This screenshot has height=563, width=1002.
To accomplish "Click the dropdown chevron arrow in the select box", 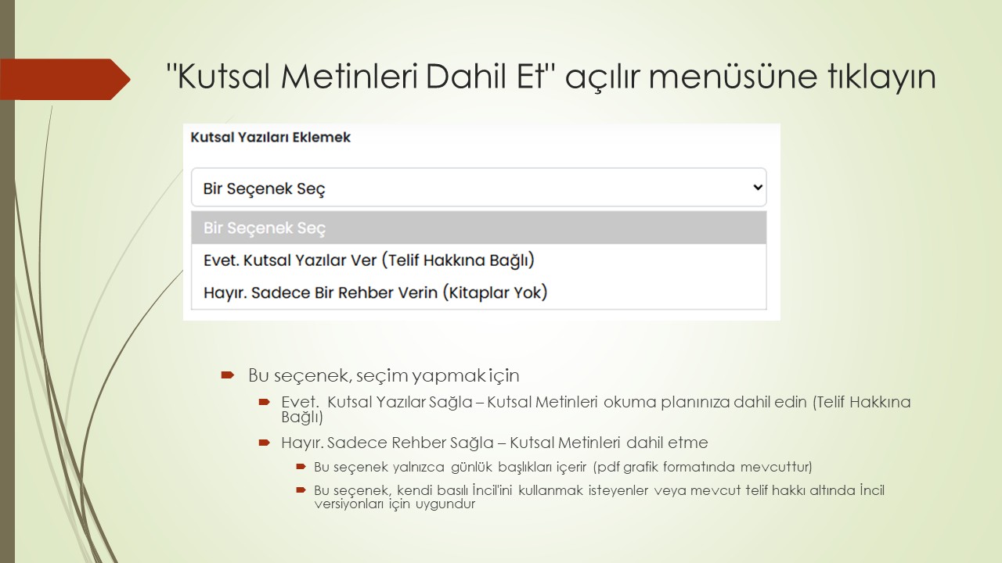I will click(757, 188).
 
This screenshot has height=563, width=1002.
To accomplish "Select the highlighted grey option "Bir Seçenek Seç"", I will click(265, 228).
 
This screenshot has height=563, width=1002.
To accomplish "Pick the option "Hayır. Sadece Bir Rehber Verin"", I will click(320, 293).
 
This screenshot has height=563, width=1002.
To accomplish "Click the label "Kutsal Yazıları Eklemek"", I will click(271, 138).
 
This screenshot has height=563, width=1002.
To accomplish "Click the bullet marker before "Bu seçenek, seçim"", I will click(228, 375).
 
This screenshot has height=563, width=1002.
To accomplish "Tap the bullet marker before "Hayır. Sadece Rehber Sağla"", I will click(265, 443).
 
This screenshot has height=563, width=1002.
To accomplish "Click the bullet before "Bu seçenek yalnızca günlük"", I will click(301, 468).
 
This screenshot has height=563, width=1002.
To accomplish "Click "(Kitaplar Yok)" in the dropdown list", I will click(495, 293).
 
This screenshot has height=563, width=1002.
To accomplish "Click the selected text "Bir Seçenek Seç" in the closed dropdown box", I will click(265, 188).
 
